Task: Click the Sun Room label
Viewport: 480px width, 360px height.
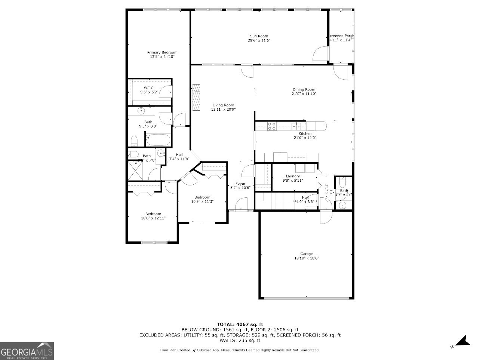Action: (x=259, y=36)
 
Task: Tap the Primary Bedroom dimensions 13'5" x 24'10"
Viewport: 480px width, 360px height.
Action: (x=162, y=57)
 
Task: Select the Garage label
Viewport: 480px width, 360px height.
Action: (x=306, y=254)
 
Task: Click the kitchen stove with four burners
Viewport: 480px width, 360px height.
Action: (x=272, y=126)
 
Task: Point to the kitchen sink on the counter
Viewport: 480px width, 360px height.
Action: (x=296, y=126)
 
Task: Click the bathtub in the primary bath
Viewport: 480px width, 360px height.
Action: (x=158, y=140)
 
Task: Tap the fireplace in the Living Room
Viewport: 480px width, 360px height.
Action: (x=196, y=97)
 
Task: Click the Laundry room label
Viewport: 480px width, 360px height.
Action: (x=293, y=176)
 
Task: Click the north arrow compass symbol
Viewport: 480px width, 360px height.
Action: (x=463, y=341)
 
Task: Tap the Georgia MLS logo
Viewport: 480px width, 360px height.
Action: (x=27, y=351)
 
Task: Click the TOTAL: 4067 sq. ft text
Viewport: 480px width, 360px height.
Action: (x=240, y=324)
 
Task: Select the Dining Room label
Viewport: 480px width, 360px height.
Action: (x=304, y=89)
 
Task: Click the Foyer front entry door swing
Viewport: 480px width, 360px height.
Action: (x=241, y=204)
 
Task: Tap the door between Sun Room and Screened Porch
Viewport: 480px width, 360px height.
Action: (x=320, y=54)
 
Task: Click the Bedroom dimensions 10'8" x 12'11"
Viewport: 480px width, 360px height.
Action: (x=153, y=218)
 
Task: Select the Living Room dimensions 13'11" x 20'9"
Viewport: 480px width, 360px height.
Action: (x=223, y=110)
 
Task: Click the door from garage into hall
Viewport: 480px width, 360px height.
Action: (x=325, y=217)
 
